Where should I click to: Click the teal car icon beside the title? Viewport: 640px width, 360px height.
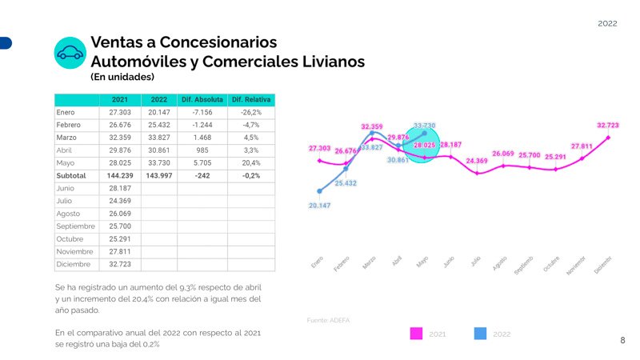pyautogui.click(x=70, y=53)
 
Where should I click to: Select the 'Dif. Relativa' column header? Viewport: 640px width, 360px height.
pyautogui.click(x=250, y=100)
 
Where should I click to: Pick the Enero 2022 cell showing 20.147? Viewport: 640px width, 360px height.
pyautogui.click(x=158, y=113)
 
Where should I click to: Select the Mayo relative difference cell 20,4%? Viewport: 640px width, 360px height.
pyautogui.click(x=250, y=162)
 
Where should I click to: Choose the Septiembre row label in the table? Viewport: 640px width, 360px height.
pyautogui.click(x=75, y=226)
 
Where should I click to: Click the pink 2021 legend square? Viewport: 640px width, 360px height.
pyautogui.click(x=416, y=334)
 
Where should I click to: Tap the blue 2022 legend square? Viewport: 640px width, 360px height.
pyautogui.click(x=481, y=334)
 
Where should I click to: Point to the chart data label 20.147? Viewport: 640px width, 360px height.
pyautogui.click(x=319, y=206)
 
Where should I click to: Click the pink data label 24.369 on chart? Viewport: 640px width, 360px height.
pyautogui.click(x=477, y=161)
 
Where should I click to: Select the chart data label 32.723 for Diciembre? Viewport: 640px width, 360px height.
pyautogui.click(x=608, y=126)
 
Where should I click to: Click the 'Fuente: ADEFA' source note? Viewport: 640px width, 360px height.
pyautogui.click(x=328, y=320)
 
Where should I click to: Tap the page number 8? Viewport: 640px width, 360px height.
pyautogui.click(x=623, y=341)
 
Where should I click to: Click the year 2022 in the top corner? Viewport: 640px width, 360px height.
pyautogui.click(x=607, y=24)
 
